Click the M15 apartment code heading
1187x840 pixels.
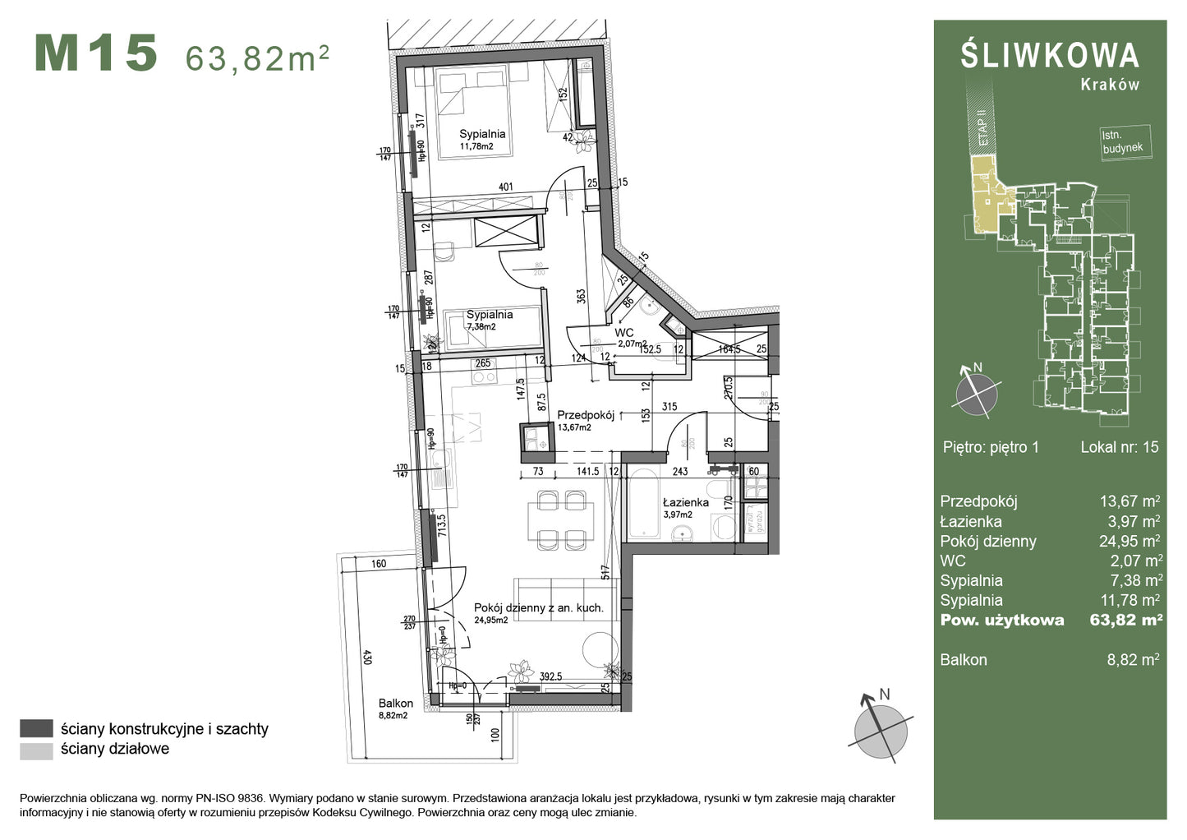coord(96,53)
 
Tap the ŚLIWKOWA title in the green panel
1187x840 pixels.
coord(1050,55)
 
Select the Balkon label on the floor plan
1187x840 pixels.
coord(396,704)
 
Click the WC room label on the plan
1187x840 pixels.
coord(624,333)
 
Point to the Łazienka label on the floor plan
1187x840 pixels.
coord(686,502)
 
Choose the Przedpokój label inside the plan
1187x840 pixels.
coord(586,415)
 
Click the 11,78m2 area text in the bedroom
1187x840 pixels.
coord(476,146)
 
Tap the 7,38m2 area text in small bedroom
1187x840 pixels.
coord(481,326)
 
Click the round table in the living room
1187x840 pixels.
coord(600,648)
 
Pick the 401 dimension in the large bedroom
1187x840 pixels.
coord(506,187)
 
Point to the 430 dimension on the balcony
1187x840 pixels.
coord(367,658)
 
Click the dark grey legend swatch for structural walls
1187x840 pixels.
coord(36,728)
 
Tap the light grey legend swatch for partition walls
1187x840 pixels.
coord(36,750)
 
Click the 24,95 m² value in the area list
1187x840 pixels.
coord(1130,541)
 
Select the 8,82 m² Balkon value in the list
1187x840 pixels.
coord(1133,659)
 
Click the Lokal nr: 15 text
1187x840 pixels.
coord(1119,447)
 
